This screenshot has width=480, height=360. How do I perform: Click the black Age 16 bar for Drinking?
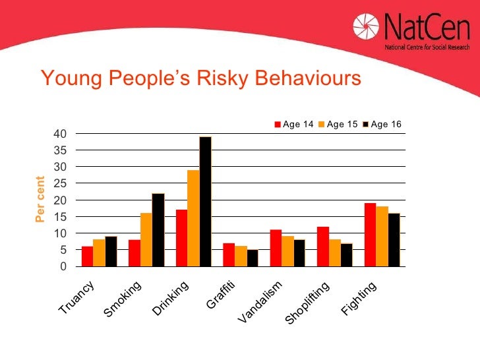(x=205, y=201)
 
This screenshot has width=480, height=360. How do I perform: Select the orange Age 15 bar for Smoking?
(x=146, y=239)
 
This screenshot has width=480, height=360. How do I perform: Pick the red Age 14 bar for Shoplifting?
(x=322, y=246)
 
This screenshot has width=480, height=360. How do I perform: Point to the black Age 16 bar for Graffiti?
(x=253, y=258)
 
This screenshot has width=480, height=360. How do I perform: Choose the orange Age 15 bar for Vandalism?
(x=287, y=251)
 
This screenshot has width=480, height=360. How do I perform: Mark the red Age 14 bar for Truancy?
(x=87, y=256)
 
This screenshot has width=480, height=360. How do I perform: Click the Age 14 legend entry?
(x=294, y=124)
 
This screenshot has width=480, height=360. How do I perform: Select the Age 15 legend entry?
(x=338, y=124)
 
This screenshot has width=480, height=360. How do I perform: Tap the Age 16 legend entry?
(x=382, y=124)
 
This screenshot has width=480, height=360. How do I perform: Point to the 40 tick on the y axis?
(x=60, y=134)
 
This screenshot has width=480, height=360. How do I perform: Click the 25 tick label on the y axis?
(x=60, y=183)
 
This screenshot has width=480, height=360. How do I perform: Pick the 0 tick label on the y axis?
(x=63, y=266)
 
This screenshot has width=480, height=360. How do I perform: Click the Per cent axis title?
(x=40, y=200)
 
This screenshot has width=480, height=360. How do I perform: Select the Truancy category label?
(x=78, y=297)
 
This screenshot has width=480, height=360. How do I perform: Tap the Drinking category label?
(x=171, y=297)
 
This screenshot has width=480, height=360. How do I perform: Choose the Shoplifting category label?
(x=308, y=302)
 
